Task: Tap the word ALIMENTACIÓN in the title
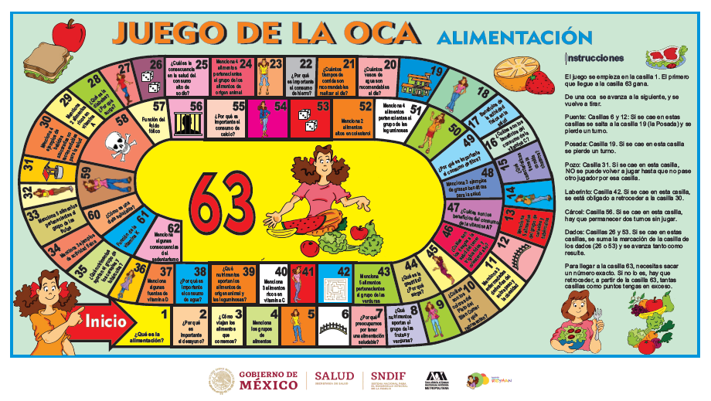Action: pyautogui.click(x=508, y=36)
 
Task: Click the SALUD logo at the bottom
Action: pyautogui.click(x=337, y=379)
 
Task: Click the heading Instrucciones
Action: pyautogui.click(x=595, y=57)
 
